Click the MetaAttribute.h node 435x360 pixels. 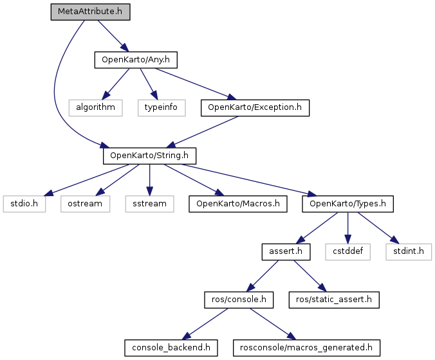click(91, 12)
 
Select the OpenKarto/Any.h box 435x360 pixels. click(136, 60)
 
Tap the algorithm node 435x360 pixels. click(96, 108)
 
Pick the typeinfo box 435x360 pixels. click(162, 108)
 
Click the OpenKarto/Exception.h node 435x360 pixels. click(255, 108)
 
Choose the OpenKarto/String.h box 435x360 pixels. click(149, 156)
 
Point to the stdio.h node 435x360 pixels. click(24, 204)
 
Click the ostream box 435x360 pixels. click(85, 204)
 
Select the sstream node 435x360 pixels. click(149, 204)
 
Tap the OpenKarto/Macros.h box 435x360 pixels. click(238, 204)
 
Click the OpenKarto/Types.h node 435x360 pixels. click(347, 204)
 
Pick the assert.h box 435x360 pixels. click(286, 252)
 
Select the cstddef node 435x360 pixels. click(348, 252)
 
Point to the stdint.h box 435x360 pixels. click(409, 252)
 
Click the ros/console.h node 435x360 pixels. click(239, 300)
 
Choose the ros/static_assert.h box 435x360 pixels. click(334, 300)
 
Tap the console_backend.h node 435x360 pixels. click(171, 348)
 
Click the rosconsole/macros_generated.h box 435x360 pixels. click(306, 348)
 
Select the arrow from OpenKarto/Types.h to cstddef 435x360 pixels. click(348, 228)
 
